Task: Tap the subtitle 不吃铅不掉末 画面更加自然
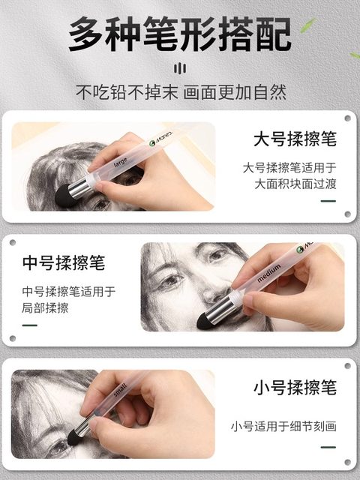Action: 180,94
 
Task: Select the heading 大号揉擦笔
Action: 294,140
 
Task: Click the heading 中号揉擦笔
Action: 63,263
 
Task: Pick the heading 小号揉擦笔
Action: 294,388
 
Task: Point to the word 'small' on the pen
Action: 121,392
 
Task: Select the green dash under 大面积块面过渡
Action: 328,201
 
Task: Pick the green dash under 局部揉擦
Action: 30,325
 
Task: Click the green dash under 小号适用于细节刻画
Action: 328,448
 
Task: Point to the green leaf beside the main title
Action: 307,26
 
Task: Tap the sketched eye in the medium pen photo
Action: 172,280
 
